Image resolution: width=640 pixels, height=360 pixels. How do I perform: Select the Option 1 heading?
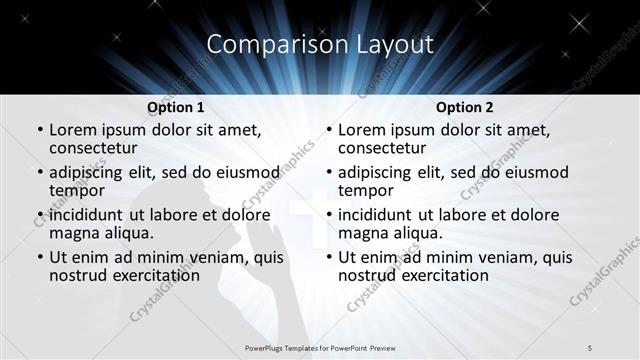pyautogui.click(x=175, y=106)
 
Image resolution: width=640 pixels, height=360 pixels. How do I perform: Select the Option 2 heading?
pyautogui.click(x=464, y=106)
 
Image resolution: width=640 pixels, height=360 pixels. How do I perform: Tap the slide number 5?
pyautogui.click(x=591, y=346)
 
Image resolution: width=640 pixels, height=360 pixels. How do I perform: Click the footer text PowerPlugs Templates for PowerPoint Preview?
pyautogui.click(x=320, y=346)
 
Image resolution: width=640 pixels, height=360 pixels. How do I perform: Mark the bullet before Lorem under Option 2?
pyautogui.click(x=328, y=131)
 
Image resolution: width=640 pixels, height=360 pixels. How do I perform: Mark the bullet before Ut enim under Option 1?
pyautogui.click(x=39, y=257)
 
